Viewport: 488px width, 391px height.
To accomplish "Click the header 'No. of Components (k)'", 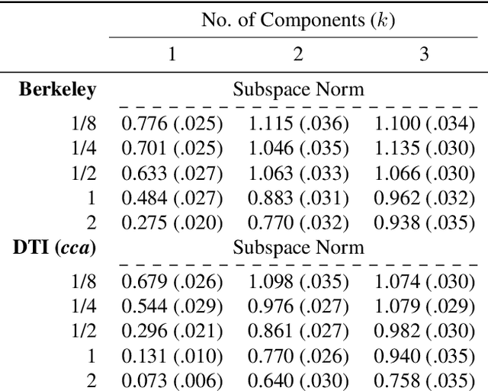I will click(298, 20).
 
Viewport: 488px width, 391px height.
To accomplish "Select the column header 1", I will click(172, 53).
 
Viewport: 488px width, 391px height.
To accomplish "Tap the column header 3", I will click(424, 53).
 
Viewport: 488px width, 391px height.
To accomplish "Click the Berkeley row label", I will click(57, 89).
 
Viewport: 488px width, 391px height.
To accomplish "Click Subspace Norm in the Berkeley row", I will click(298, 89).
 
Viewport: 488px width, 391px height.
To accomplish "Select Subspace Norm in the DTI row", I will click(298, 247).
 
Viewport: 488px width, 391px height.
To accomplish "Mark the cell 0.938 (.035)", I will click(424, 223).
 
